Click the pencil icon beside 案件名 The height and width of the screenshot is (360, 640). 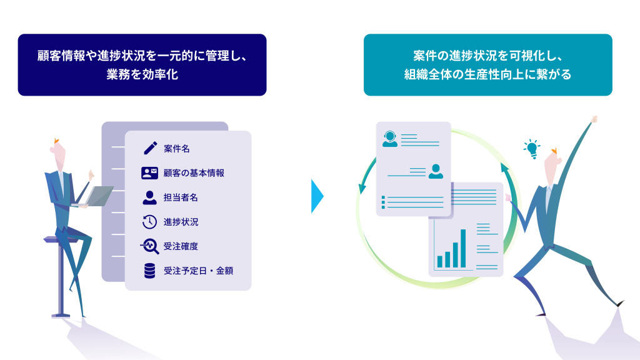(149, 148)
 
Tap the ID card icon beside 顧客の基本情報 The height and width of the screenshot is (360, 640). (149, 173)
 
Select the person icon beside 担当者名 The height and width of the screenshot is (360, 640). (149, 197)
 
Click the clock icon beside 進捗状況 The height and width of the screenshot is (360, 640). (149, 222)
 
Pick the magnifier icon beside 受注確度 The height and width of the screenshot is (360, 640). (149, 246)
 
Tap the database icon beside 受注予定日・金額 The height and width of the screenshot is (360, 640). (149, 271)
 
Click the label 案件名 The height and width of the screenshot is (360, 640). (176, 149)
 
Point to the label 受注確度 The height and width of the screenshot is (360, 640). (181, 246)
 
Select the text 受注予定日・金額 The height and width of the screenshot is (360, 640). (198, 271)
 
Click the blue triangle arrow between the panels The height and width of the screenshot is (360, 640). (317, 196)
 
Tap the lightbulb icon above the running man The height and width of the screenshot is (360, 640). (531, 149)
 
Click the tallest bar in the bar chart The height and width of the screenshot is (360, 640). (463, 248)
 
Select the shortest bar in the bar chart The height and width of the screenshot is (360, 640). (440, 261)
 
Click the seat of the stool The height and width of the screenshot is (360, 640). (59, 239)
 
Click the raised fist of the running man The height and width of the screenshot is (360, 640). (594, 119)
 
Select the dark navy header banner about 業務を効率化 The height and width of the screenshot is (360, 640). (142, 65)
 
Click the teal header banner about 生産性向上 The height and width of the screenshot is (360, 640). (487, 65)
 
